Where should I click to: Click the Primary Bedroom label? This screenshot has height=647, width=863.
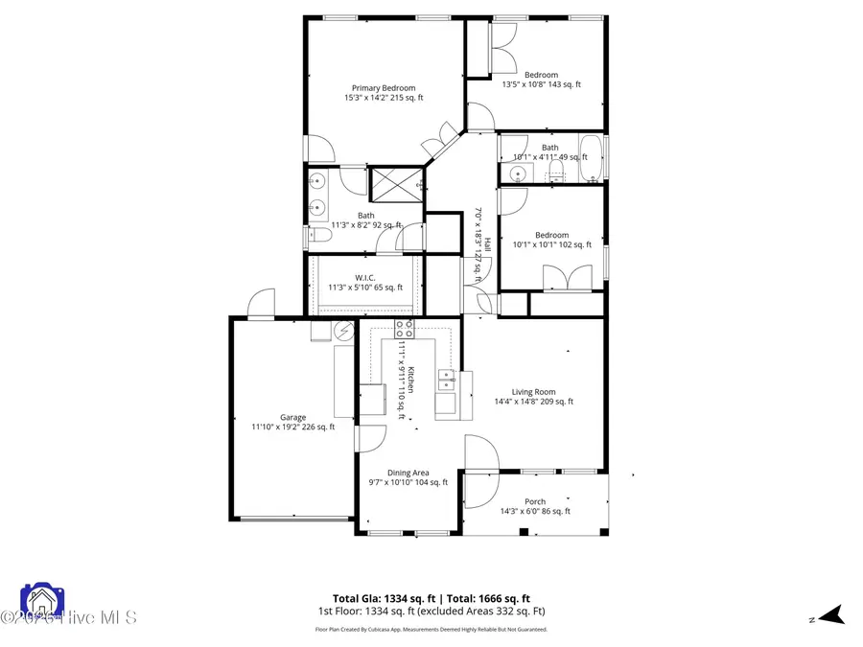point(384,92)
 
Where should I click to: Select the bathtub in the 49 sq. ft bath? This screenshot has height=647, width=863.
point(590,157)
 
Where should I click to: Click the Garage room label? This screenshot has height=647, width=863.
point(292,422)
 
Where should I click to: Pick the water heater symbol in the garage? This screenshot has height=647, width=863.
point(342,330)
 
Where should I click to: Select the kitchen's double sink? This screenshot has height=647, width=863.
point(446,380)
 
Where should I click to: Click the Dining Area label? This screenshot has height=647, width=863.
point(408,476)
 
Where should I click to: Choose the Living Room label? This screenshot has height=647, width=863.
point(533,396)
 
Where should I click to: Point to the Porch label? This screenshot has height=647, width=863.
point(534,506)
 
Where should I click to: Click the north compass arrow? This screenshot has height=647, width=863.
point(831,615)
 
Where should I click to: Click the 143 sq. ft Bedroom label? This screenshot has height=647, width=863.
point(541,80)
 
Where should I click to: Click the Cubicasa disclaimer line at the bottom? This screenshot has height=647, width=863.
point(431,630)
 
